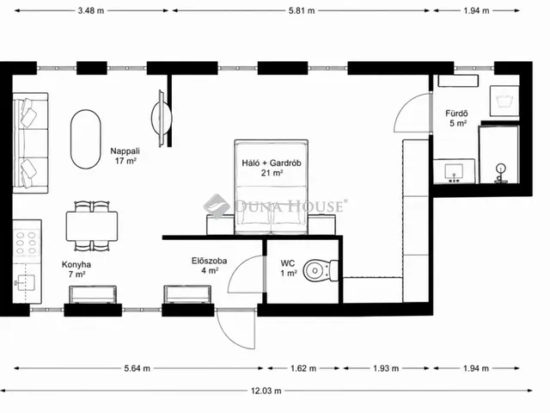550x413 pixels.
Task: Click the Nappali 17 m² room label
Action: coord(125,156)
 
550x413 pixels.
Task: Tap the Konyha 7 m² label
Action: coord(76,269)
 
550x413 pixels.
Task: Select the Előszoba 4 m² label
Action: coord(210,266)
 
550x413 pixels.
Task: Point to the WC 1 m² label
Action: coord(289,268)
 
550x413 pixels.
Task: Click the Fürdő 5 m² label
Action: coord(457,119)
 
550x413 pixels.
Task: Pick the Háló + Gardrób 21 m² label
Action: coord(272,168)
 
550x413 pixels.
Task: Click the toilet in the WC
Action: coord(321,271)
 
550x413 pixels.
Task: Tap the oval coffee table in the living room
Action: coord(86,139)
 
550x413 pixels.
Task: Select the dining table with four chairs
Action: coord(92,226)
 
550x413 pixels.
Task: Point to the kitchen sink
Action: coord(25,281)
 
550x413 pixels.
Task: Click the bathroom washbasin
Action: coord(454,172)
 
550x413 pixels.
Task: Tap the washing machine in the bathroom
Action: coord(504,101)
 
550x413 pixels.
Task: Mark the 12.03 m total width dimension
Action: coord(266,391)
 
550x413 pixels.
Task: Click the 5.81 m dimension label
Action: coord(302,10)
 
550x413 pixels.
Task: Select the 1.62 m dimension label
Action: coord(303,368)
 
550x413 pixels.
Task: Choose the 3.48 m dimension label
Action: coord(91,10)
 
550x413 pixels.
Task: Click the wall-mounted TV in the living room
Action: coord(162,118)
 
